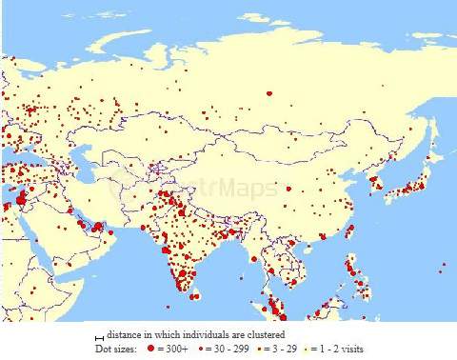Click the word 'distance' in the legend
(x=126, y=335)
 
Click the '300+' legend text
(x=176, y=349)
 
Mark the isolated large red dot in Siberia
(x=269, y=93)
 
